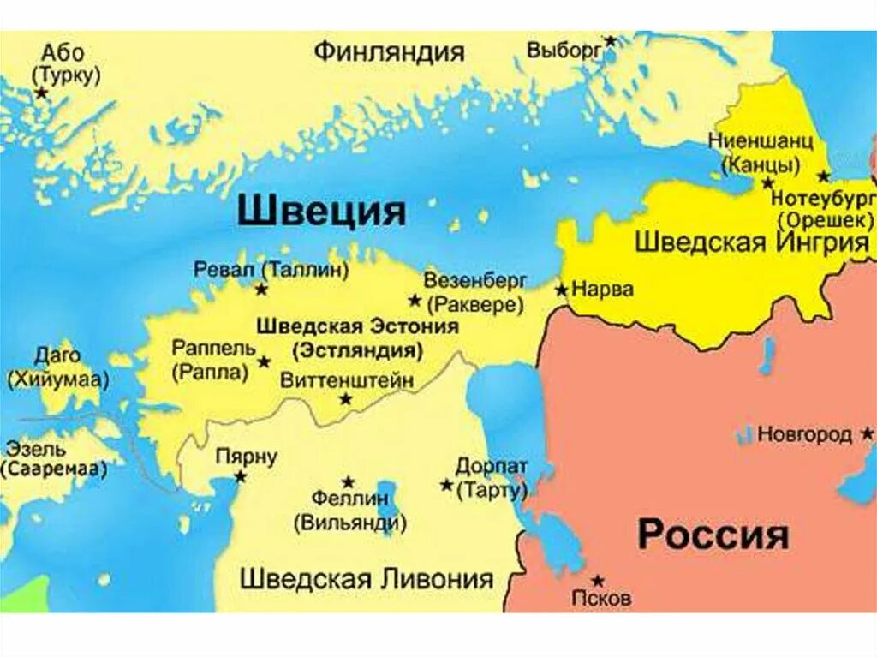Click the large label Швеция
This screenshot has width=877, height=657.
click(321, 211)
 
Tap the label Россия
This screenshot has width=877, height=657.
click(713, 535)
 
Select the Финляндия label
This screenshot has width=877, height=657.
click(389, 51)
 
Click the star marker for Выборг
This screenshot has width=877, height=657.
click(610, 40)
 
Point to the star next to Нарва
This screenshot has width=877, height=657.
click(562, 290)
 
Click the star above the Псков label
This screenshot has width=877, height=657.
click(598, 580)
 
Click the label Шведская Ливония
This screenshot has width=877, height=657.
click(367, 578)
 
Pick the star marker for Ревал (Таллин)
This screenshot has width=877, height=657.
click(261, 290)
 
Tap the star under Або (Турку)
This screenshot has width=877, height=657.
click(40, 92)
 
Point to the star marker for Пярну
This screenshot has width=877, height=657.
click(241, 476)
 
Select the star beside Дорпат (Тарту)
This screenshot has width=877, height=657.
click(446, 485)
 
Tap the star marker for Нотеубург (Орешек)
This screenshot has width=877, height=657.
click(824, 176)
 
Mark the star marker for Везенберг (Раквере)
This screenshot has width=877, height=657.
click(415, 300)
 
